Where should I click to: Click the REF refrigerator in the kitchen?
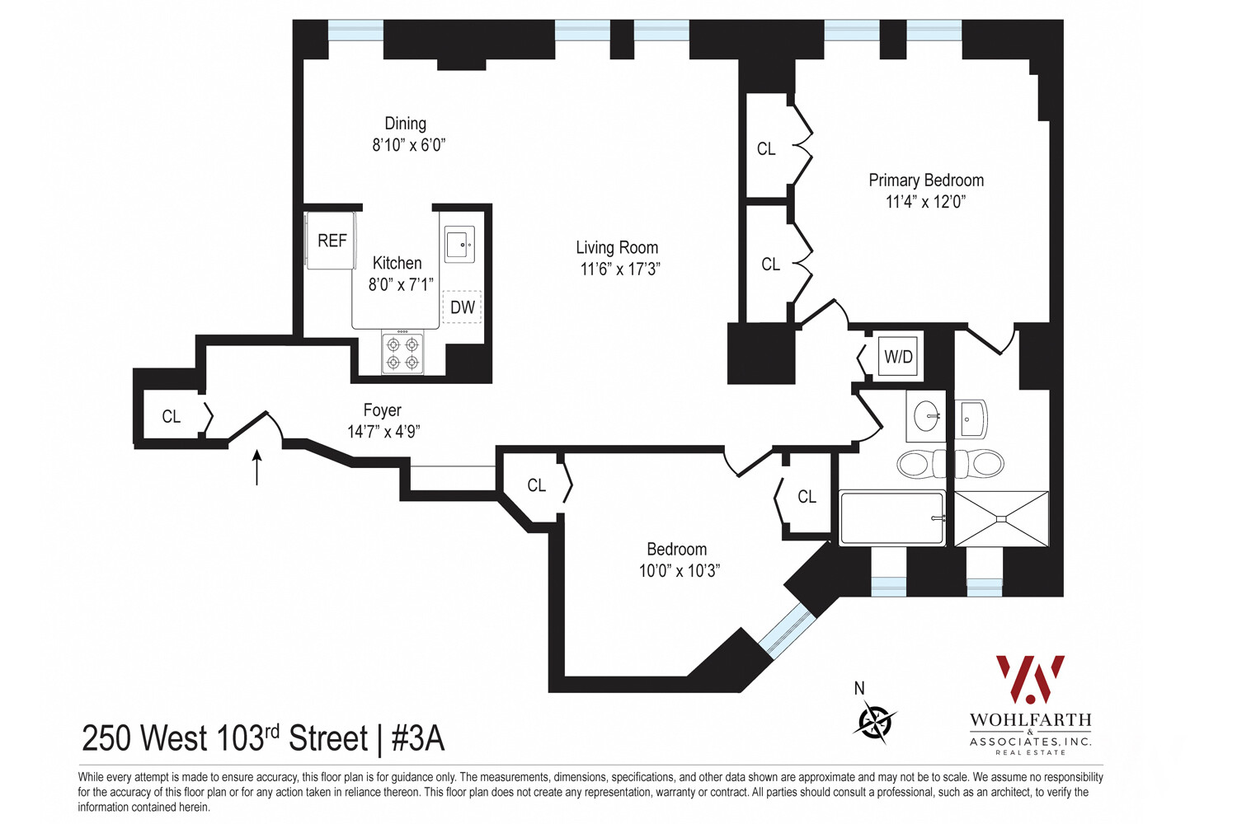pyautogui.click(x=332, y=241)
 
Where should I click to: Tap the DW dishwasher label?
pyautogui.click(x=462, y=307)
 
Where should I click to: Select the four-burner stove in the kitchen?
pyautogui.click(x=402, y=353)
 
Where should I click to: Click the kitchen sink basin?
pyautogui.click(x=459, y=244)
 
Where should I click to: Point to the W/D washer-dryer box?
pyautogui.click(x=899, y=357)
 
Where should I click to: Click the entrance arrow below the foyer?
pyautogui.click(x=256, y=468)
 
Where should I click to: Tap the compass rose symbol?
pyautogui.click(x=876, y=721)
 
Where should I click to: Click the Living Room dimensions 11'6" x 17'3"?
pyautogui.click(x=620, y=269)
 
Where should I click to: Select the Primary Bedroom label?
pyautogui.click(x=926, y=180)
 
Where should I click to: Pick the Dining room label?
pyautogui.click(x=406, y=124)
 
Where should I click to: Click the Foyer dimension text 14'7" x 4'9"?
pyautogui.click(x=383, y=431)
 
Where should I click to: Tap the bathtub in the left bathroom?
pyautogui.click(x=891, y=518)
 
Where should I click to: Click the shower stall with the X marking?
pyautogui.click(x=1001, y=519)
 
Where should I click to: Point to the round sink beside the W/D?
pyautogui.click(x=926, y=415)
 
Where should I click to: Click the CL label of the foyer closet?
pyautogui.click(x=172, y=417)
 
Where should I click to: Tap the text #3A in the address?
pyautogui.click(x=418, y=738)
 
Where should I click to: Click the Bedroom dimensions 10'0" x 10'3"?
pyautogui.click(x=680, y=571)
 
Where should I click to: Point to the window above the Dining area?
pyautogui.click(x=355, y=30)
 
